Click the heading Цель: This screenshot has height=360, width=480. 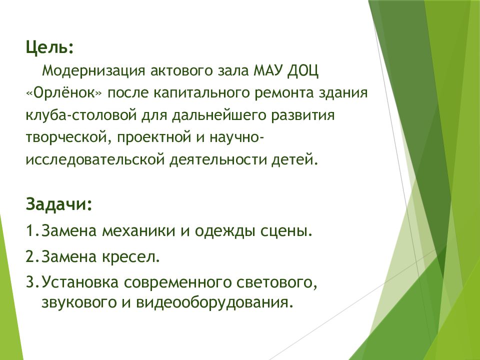[x=50, y=48]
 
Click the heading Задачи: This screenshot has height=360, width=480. [x=59, y=204]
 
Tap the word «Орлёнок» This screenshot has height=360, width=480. [x=64, y=93]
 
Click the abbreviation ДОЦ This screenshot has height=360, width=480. [x=302, y=71]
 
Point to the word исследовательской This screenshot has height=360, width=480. [x=95, y=160]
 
